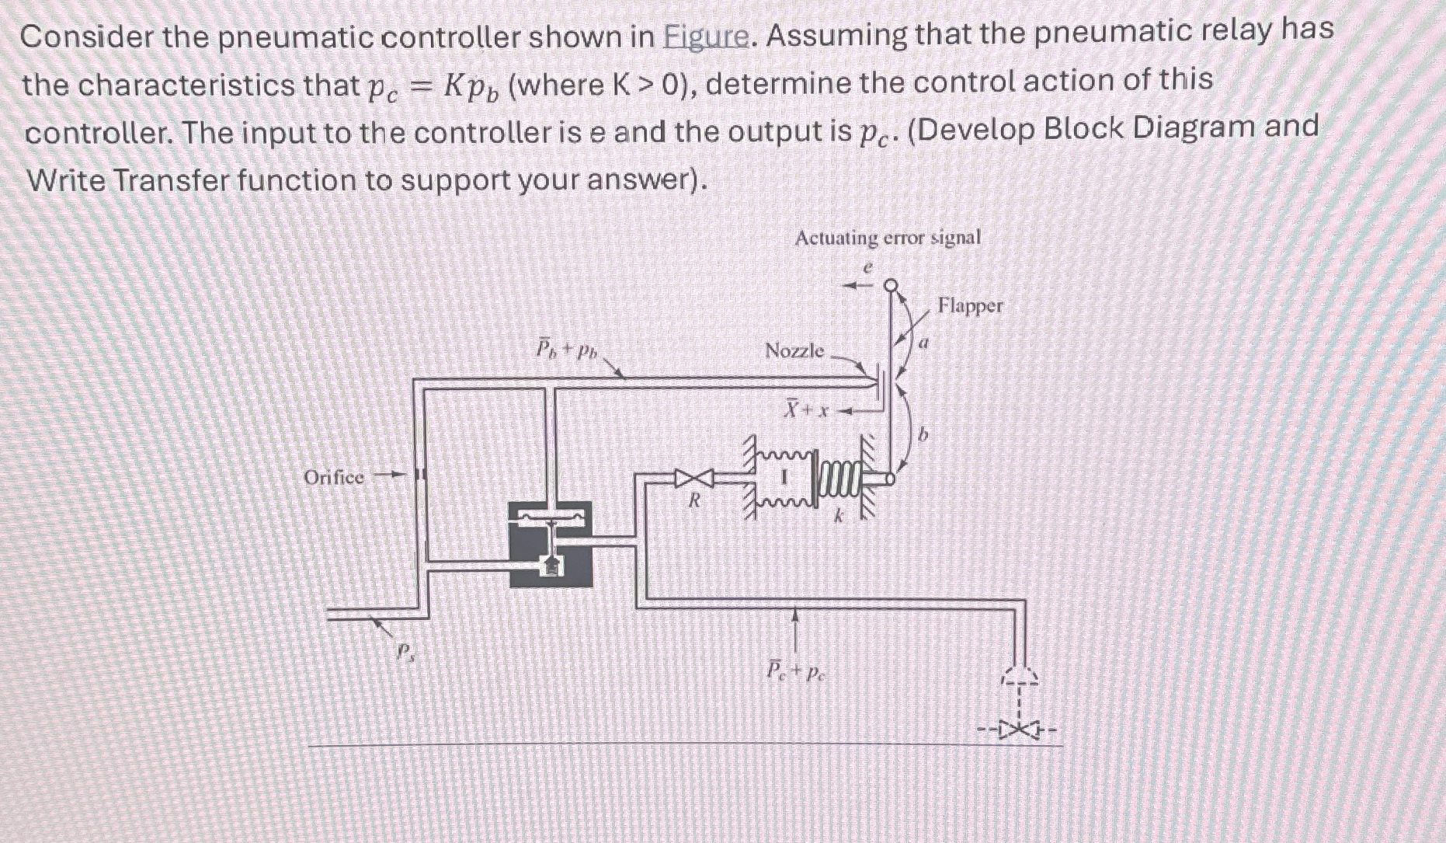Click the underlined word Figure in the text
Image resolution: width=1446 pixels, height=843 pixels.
tap(707, 36)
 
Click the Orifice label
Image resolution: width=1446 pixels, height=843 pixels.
tap(333, 477)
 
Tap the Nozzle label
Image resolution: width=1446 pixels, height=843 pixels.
tap(794, 350)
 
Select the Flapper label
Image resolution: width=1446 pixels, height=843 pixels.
tap(969, 305)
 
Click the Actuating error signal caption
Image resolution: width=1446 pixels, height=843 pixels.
tap(887, 238)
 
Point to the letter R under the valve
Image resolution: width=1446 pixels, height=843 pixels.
tap(695, 502)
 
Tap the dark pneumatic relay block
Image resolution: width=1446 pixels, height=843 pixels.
tap(551, 544)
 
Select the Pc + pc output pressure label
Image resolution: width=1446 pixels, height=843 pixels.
tap(794, 671)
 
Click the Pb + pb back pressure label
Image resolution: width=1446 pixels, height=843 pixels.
tap(566, 348)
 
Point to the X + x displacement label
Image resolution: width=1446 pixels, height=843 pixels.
tap(805, 409)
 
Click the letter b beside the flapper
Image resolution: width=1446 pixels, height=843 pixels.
tap(923, 436)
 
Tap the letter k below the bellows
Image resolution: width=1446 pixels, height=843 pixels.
tap(839, 515)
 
